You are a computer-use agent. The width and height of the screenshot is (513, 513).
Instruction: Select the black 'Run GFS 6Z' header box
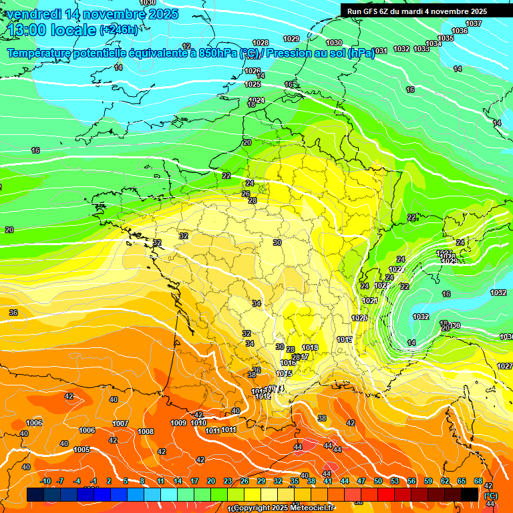[426, 11]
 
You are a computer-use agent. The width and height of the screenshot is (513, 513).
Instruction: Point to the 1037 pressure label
[474, 23]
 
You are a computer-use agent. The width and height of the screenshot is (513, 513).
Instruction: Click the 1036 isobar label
[460, 31]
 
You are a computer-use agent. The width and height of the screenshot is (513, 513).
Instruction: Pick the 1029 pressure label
[291, 39]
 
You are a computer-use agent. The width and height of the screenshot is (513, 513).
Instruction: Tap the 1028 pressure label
[261, 43]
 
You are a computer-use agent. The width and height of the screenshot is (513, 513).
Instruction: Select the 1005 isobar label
[81, 450]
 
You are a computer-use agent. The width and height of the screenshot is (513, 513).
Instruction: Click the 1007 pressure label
[120, 423]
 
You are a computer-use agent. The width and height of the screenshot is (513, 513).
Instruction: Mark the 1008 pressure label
[146, 432]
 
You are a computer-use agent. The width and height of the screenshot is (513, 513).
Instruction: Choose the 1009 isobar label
[178, 423]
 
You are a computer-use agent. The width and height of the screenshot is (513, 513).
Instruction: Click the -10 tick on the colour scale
[45, 481]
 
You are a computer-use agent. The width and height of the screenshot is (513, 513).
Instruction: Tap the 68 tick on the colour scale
[478, 481]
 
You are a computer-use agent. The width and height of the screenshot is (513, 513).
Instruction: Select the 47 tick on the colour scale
[361, 481]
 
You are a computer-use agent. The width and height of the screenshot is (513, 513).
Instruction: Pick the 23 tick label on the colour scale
[228, 481]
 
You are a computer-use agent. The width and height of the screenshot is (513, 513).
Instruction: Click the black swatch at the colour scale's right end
[470, 494]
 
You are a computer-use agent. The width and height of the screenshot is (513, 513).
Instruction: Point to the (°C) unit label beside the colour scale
[490, 496]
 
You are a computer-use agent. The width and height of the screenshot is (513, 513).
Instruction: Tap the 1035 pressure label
[446, 38]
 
